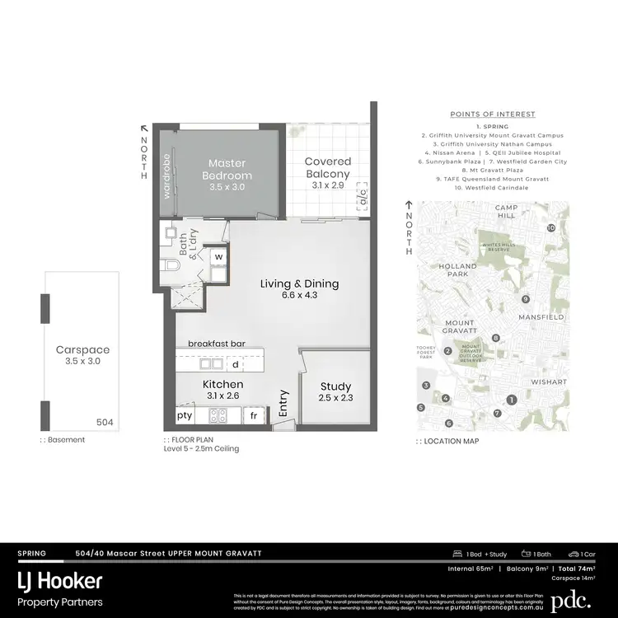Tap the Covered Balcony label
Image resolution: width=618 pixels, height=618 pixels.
click(x=327, y=167)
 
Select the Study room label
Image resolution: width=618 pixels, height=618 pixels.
click(x=335, y=386)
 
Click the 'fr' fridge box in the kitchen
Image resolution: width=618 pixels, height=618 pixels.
click(x=255, y=416)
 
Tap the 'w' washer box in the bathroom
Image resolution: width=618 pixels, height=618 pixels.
click(x=218, y=256)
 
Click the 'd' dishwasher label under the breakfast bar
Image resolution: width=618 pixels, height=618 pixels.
click(x=235, y=363)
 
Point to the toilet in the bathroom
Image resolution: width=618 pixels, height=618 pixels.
click(x=171, y=266)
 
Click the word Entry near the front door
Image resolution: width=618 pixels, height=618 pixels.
click(x=284, y=402)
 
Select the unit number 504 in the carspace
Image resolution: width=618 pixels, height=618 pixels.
click(x=104, y=423)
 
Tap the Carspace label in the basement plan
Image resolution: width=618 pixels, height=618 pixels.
click(x=82, y=349)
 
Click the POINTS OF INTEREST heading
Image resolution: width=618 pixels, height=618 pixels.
click(x=492, y=114)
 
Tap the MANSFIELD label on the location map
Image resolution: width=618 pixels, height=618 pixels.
click(x=541, y=316)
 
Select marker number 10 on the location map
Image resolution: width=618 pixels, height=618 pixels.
click(x=551, y=227)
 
